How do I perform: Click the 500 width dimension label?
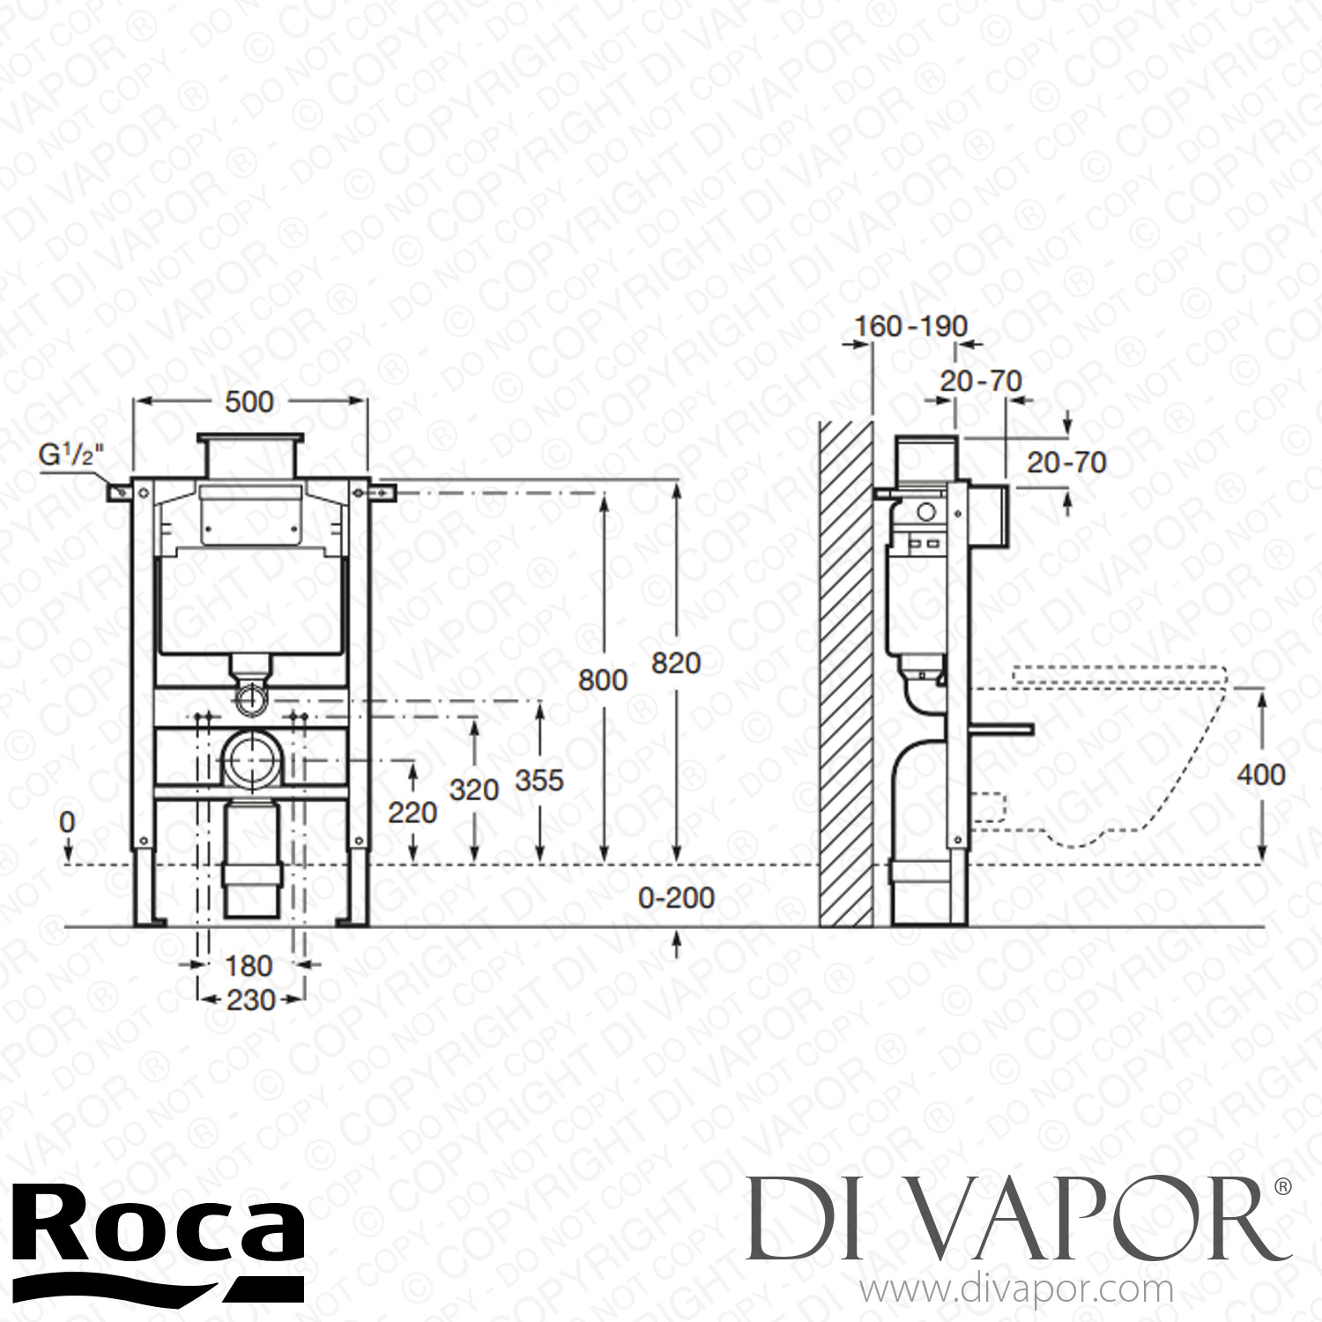tap(249, 402)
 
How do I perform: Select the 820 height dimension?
tap(676, 663)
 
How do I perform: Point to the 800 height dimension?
tap(603, 680)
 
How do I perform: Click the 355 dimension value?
tap(538, 780)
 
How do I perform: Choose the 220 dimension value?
tap(412, 812)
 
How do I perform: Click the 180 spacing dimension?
tap(249, 965)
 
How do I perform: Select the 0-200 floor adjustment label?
tap(676, 898)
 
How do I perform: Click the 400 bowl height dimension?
tap(1261, 775)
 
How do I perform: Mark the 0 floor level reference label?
tap(67, 822)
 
